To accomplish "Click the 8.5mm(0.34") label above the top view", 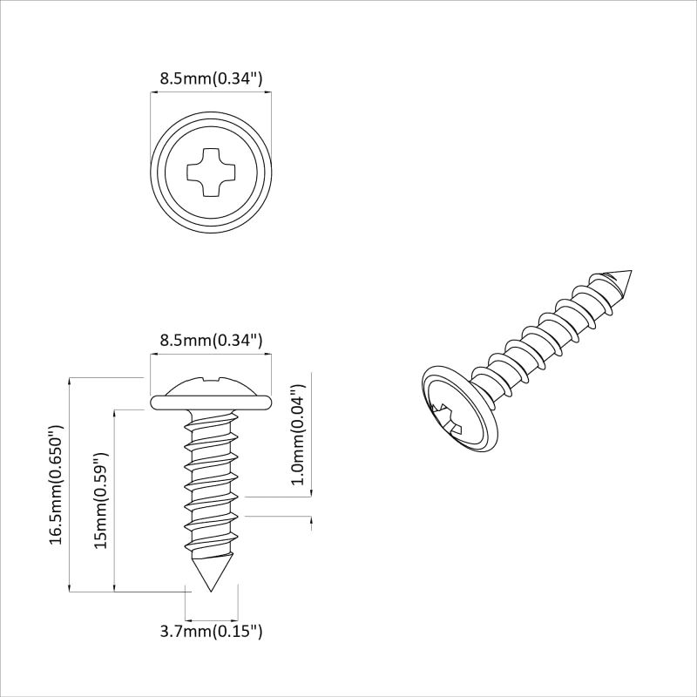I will (x=211, y=78).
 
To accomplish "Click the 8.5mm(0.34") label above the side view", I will (x=211, y=341).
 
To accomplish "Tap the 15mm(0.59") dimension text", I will (x=101, y=500).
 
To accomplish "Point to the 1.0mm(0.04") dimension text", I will (x=297, y=434).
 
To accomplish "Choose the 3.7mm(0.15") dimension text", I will (x=211, y=631).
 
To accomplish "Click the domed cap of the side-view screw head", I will (x=212, y=385).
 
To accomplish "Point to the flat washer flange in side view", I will (x=212, y=403).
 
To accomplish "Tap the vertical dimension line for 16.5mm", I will (x=70, y=484).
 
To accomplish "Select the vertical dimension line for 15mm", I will (x=115, y=500).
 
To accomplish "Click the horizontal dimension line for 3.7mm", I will (x=212, y=614).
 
